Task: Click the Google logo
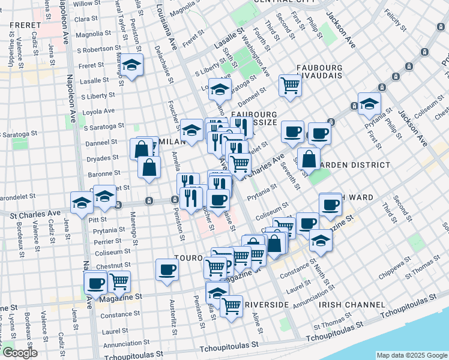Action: tap(19, 353)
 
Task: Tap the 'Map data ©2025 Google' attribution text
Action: tap(412, 355)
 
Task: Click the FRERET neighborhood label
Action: tap(25, 26)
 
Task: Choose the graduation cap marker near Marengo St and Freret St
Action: tap(133, 66)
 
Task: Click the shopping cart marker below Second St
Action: tap(291, 85)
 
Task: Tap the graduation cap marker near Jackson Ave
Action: tap(369, 103)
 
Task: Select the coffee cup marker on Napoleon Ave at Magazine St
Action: tap(95, 283)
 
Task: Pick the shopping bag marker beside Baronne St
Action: tap(149, 167)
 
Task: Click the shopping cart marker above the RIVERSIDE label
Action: tap(231, 306)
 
